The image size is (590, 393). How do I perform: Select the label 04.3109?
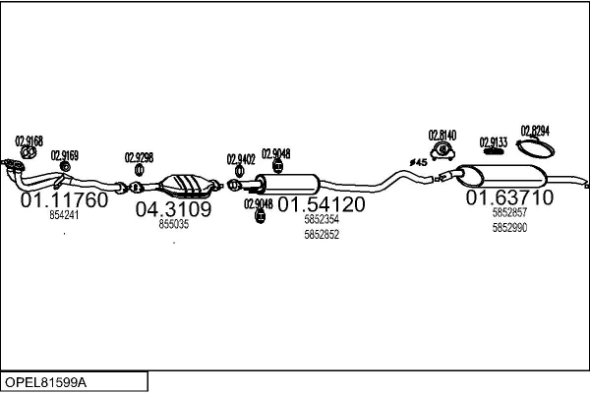coord(173,209)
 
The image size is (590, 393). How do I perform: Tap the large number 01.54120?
coord(321,204)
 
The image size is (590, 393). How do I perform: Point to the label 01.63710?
coord(509,197)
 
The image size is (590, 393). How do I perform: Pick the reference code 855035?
coord(173,224)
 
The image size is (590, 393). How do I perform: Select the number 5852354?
coord(322,221)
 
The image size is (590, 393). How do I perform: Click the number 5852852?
coord(322,235)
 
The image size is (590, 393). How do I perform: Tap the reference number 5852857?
coord(509,213)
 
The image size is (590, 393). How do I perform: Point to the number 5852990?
coord(509,228)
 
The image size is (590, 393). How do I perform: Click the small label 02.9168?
coord(29,140)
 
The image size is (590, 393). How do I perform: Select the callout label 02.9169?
coord(65,155)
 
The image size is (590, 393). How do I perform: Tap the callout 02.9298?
coord(139,157)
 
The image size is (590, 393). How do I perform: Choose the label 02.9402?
coord(241,158)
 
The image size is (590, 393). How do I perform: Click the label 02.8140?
coord(442,135)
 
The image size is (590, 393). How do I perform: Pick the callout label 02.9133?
coord(494,142)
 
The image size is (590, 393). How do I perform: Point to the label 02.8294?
coord(535,131)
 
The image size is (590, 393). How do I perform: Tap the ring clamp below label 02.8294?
coord(534,149)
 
